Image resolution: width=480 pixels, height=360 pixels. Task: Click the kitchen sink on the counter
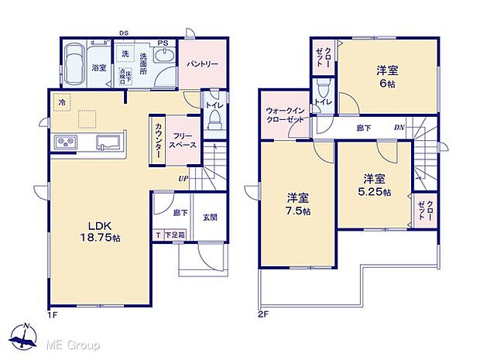pos(106,143)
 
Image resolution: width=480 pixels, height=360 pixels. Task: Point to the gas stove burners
pos(65,143)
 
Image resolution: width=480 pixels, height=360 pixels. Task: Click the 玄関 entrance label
pos(210,217)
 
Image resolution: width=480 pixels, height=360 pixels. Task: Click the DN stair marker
pos(399,127)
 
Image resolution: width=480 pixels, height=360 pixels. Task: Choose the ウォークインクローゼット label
pos(284,115)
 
